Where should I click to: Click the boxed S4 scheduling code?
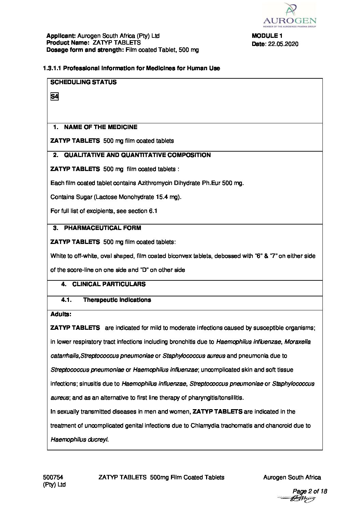tap(54, 97)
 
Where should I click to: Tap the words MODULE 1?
tap(267, 36)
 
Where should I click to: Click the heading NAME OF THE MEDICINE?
tap(101, 127)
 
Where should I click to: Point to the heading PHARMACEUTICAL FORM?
tap(102, 228)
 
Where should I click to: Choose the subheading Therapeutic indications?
tap(117, 300)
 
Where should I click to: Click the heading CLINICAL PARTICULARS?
tap(109, 284)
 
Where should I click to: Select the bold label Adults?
tap(61, 314)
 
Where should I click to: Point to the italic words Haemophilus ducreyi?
tap(79, 439)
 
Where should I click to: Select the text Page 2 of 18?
tap(310, 491)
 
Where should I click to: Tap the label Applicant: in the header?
tap(61, 36)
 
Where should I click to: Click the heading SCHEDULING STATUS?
tap(83, 82)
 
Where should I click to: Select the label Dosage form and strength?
tap(85, 50)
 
